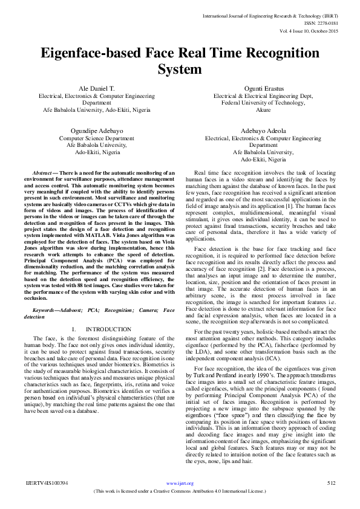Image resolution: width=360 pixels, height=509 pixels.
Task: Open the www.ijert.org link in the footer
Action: (x=179, y=484)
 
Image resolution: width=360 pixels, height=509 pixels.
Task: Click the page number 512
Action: (x=330, y=484)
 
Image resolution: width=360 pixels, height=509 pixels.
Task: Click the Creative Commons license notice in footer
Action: (x=180, y=491)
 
